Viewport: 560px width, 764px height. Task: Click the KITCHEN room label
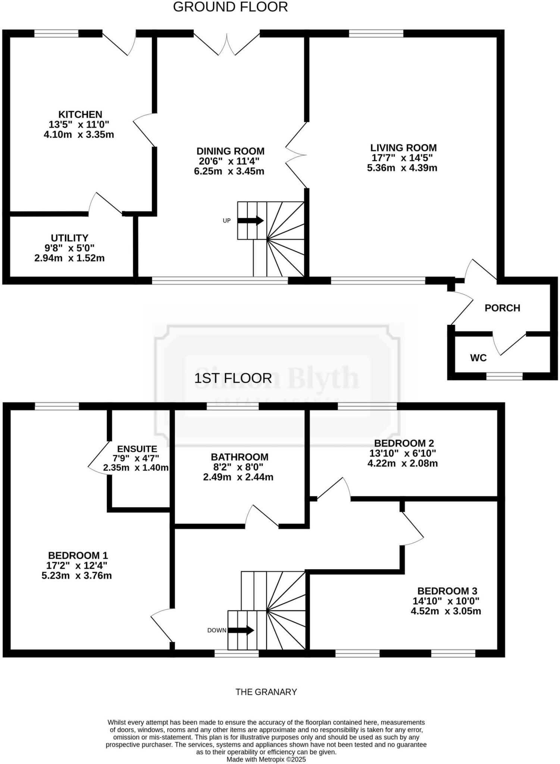80,115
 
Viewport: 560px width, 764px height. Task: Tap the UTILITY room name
69,238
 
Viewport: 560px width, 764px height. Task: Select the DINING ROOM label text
230,151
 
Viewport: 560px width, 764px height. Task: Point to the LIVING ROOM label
403,148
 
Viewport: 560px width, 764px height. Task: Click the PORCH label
502,308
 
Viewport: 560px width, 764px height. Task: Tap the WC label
478,358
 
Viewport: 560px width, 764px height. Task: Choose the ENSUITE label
137,449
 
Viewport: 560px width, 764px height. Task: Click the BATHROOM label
240,457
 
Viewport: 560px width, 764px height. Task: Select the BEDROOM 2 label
404,443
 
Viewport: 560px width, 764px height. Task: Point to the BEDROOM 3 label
447,591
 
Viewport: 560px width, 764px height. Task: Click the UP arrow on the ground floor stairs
251,220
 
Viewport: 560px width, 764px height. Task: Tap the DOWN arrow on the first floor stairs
241,630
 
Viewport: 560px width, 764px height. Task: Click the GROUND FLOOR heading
230,7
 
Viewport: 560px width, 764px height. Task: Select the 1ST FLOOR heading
233,378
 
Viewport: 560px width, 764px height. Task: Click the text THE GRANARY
266,692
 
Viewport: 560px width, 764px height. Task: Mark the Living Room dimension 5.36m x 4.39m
402,168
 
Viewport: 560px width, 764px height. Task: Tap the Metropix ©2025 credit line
266,759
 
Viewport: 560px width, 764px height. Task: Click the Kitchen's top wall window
56,34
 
